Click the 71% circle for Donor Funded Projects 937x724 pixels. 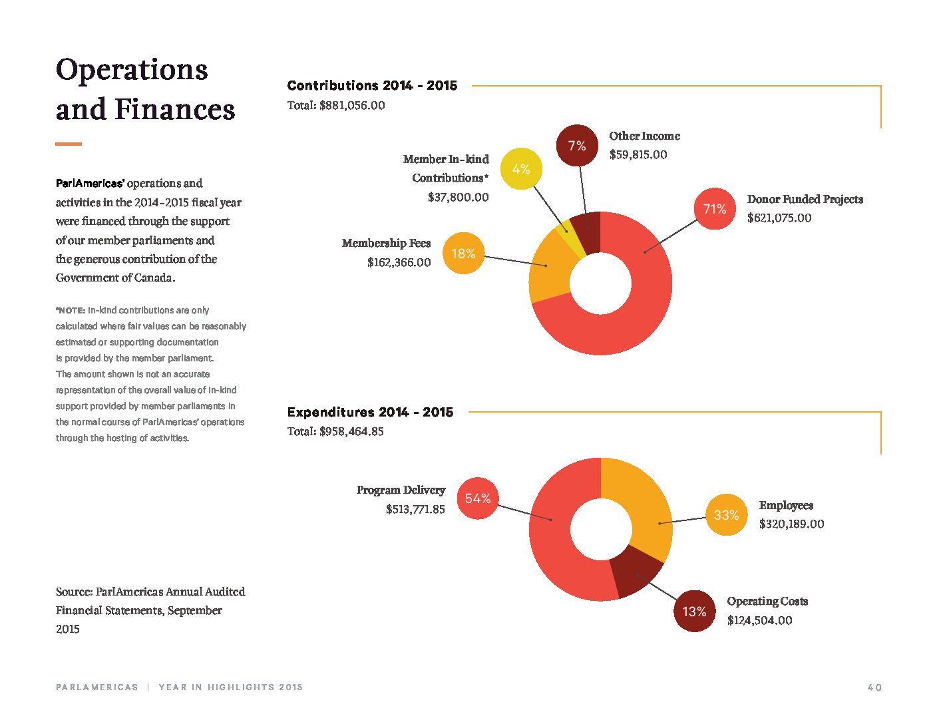[x=715, y=209]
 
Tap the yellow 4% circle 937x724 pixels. [x=521, y=168]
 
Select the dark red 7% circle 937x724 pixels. [x=577, y=145]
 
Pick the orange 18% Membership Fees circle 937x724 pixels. [x=464, y=253]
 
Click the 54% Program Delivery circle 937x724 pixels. [x=478, y=498]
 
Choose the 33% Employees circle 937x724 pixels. [x=726, y=514]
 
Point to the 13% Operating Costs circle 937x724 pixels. [x=694, y=611]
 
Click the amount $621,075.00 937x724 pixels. [x=779, y=218]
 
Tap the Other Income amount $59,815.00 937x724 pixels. [x=638, y=154]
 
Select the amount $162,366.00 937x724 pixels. [x=399, y=262]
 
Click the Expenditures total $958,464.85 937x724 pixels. [x=351, y=432]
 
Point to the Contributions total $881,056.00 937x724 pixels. [x=352, y=106]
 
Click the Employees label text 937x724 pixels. [x=786, y=505]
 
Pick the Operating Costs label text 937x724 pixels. [x=767, y=601]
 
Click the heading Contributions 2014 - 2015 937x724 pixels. [x=372, y=85]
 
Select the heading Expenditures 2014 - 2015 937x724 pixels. [x=370, y=412]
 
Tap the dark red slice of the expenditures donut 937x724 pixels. [x=635, y=572]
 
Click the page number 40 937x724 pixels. [x=874, y=687]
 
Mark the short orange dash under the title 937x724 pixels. [x=69, y=144]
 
